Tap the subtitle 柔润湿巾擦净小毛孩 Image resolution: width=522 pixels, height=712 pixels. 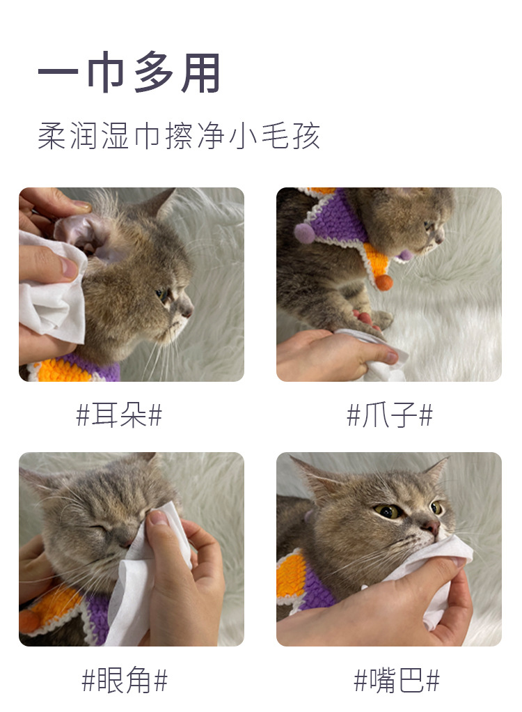tap(179, 136)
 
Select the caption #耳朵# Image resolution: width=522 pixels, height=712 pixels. tap(119, 415)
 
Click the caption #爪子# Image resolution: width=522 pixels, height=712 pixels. tap(390, 415)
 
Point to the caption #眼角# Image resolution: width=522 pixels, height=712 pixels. tap(125, 680)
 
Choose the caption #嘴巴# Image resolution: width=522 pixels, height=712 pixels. tap(397, 680)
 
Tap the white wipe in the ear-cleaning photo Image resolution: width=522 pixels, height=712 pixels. tap(52, 291)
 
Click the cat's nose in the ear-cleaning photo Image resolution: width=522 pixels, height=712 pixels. tap(187, 311)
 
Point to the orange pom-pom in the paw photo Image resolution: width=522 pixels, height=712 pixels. tap(383, 282)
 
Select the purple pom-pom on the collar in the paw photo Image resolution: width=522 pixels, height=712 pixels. tap(304, 233)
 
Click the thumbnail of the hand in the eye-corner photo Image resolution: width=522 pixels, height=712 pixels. tap(158, 518)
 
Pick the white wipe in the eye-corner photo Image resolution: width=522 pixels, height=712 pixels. tap(145, 577)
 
